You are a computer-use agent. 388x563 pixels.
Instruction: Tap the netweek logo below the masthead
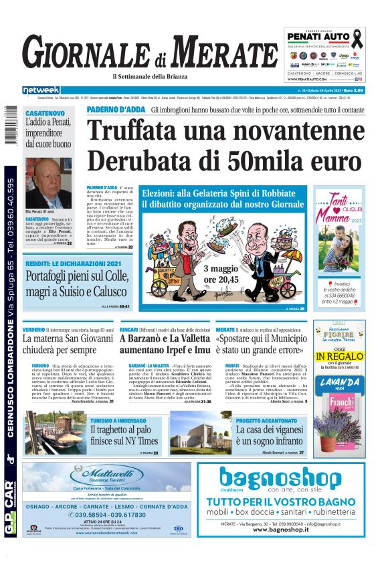click(x=41, y=90)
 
